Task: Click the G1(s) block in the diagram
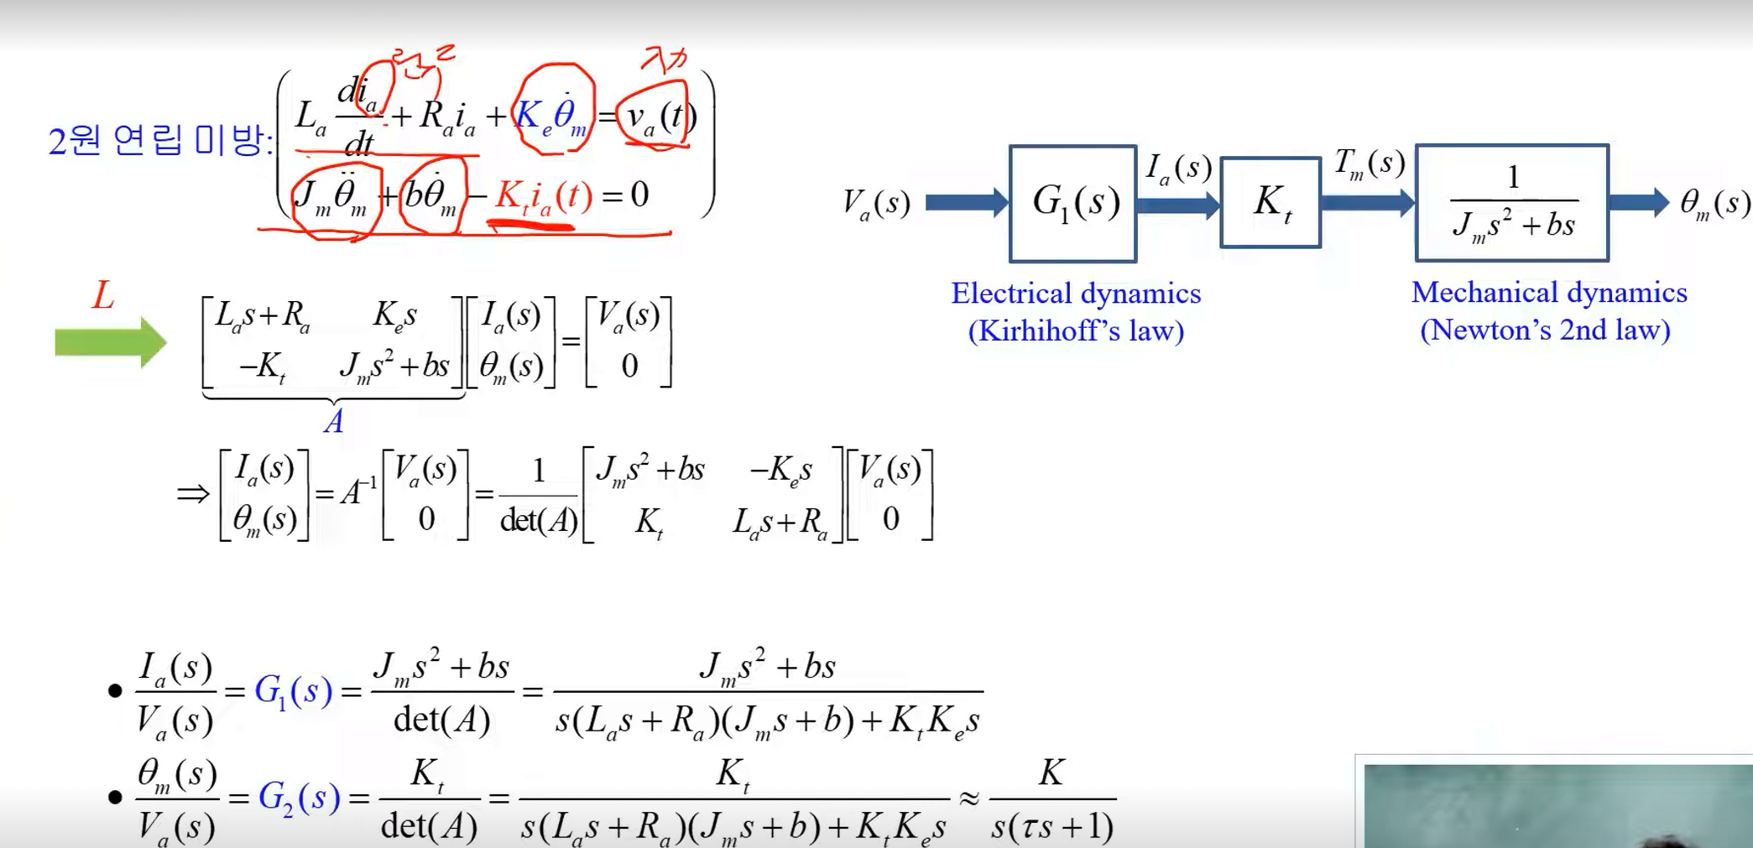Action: pos(1073,203)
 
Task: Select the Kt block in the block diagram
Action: pos(1270,203)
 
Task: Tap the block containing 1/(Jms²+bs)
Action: pos(1512,203)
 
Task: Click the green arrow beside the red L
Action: pos(110,342)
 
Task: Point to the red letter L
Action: pos(103,295)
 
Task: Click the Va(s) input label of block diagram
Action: pos(876,204)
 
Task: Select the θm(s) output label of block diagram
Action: pos(1714,204)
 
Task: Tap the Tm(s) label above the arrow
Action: pos(1369,164)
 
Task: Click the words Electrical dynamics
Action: pos(1076,294)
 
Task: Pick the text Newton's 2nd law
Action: pos(1545,330)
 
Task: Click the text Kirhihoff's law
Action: pos(1076,330)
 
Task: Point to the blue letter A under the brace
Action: pos(334,421)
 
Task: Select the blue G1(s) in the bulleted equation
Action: pos(293,691)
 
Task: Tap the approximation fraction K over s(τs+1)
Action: pos(1052,799)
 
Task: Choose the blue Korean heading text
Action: pos(159,139)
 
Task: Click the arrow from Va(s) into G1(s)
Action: pos(966,203)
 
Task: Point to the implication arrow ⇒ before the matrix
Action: pos(193,493)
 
